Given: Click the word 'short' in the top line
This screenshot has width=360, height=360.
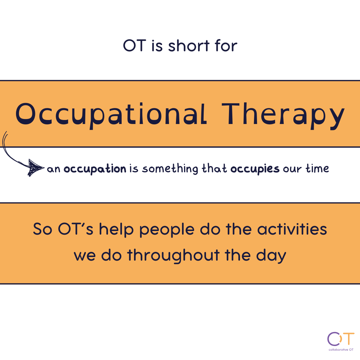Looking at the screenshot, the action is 189,45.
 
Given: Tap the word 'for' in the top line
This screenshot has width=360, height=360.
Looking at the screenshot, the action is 226,45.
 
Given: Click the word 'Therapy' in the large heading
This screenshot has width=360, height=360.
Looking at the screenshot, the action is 283,116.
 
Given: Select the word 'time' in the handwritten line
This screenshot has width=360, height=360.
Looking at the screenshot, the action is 317,168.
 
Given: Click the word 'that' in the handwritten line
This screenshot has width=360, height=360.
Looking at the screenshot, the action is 214,168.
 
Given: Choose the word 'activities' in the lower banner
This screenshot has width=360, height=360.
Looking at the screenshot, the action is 292,229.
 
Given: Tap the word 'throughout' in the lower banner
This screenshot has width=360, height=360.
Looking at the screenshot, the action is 174,256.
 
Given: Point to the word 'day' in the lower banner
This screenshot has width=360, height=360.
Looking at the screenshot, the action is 271,256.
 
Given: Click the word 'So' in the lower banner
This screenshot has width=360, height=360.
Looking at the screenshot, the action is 42,229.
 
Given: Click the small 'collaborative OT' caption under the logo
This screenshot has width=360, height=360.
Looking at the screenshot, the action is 341,350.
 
